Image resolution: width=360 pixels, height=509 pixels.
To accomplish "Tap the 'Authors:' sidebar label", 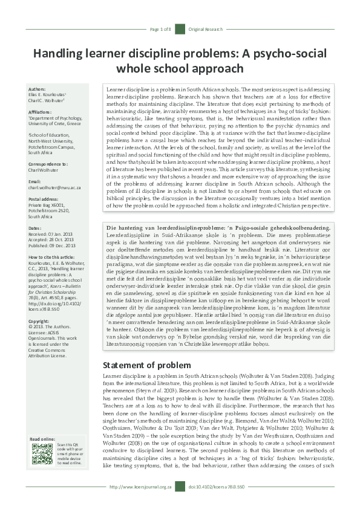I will pos(38,88).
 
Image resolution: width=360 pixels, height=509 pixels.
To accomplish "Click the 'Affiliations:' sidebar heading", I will pos(41,111).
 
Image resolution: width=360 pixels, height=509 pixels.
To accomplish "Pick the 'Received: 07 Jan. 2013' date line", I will pos(51,232).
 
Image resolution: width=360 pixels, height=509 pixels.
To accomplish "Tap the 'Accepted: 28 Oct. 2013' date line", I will pos(51,238).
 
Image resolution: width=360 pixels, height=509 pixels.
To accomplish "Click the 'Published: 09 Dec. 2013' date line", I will pos(53,244).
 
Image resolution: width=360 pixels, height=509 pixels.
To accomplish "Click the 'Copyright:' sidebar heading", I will pos(40,321).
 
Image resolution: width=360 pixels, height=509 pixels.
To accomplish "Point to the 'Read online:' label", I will pos(42,439).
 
